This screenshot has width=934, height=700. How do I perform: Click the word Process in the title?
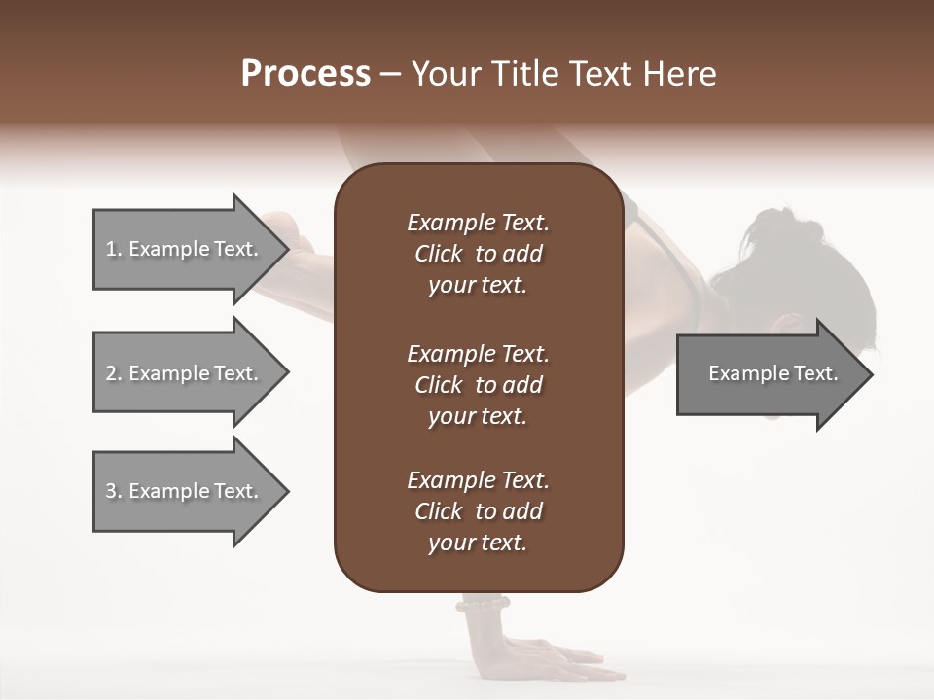(x=305, y=74)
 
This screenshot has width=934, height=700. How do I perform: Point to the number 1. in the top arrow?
(x=114, y=249)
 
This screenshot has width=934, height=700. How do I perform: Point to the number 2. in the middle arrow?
(x=114, y=373)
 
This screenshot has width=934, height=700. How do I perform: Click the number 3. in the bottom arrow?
(x=114, y=491)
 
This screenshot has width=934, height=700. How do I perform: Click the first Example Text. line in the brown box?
(x=478, y=223)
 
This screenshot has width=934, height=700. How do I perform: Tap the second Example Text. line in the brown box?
(x=478, y=353)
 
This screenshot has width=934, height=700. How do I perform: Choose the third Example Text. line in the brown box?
(x=478, y=480)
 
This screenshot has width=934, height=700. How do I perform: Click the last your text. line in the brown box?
(x=478, y=543)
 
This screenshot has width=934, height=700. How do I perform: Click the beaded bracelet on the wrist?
(x=483, y=605)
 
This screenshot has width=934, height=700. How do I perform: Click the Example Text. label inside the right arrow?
(x=772, y=373)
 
